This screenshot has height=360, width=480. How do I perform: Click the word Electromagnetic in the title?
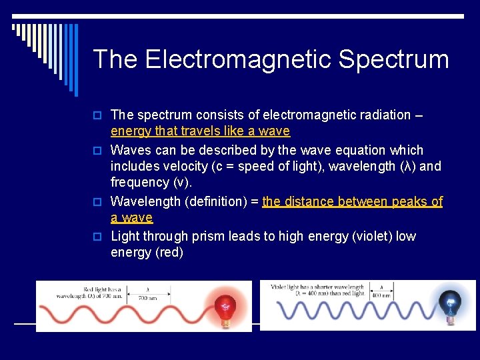point(239,59)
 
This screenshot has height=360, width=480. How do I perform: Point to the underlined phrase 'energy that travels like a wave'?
point(200,131)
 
